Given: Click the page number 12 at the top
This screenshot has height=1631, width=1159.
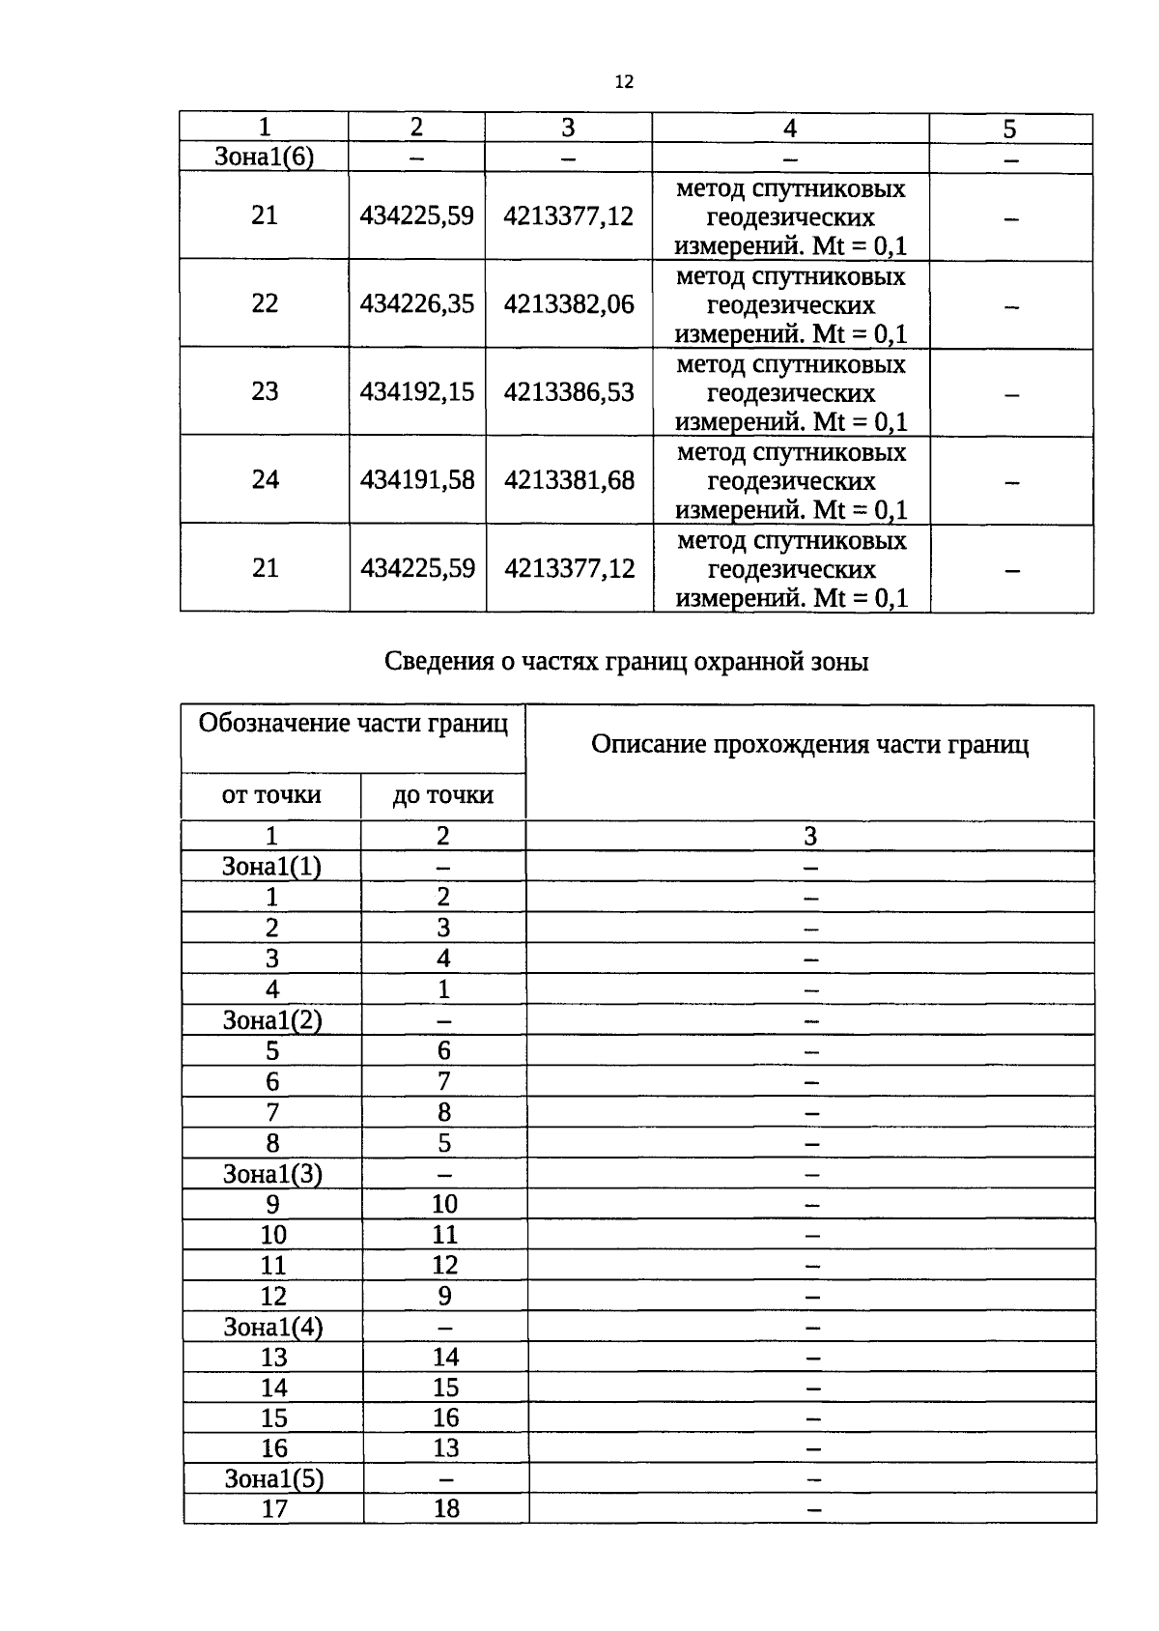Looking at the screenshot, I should tap(623, 82).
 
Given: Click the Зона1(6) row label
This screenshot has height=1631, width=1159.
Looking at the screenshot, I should tap(264, 157).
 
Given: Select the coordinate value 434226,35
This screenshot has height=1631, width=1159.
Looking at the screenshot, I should tap(416, 303).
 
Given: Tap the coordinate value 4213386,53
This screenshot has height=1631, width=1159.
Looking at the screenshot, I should tap(569, 391).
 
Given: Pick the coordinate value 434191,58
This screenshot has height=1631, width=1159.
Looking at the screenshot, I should tap(416, 479).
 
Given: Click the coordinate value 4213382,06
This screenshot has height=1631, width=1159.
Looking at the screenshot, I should tap(569, 304).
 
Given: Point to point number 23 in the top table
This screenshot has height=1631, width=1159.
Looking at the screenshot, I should tap(265, 391).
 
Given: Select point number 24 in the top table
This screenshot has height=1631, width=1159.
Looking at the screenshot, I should tap(265, 479).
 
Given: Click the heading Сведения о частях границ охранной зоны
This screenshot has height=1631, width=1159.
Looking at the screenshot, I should tap(626, 662).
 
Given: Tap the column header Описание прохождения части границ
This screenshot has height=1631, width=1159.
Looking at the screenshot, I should tap(809, 744).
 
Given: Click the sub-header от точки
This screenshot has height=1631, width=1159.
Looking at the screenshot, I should tap(271, 795).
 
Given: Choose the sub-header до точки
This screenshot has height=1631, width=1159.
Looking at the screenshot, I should tap(442, 795).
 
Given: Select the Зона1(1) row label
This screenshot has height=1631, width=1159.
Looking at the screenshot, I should tap(271, 867).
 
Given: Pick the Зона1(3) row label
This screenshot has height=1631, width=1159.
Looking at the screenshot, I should tap(272, 1174).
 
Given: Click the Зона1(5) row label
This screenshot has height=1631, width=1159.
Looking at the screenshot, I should tap(273, 1479).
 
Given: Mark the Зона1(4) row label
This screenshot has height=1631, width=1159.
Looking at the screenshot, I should tap(273, 1327).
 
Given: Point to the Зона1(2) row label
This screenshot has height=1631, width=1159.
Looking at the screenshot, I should tap(271, 1020).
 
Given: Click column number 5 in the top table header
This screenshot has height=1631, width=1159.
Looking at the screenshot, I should tap(1009, 129).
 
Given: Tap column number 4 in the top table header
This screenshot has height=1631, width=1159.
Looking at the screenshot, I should tap(790, 128).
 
